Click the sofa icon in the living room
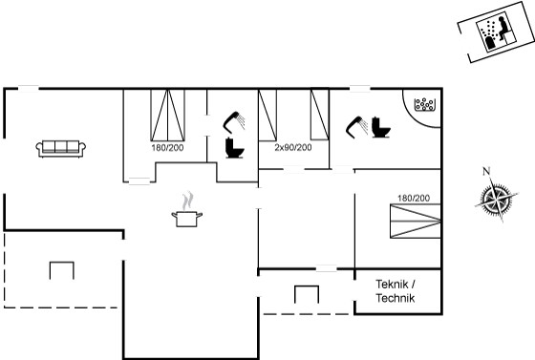(61, 149)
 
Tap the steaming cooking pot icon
(186, 210)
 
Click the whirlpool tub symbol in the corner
(424, 105)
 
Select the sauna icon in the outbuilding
(495, 32)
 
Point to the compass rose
(497, 199)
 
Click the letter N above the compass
(486, 171)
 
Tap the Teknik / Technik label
(396, 291)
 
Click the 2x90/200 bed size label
(293, 148)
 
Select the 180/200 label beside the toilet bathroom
(167, 148)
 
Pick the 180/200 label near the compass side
(414, 198)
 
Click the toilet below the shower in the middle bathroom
(234, 148)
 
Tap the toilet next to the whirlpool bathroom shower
(381, 127)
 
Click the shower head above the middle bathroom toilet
(234, 121)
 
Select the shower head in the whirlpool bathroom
(356, 125)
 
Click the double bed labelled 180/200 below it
(168, 115)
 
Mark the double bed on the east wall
(416, 221)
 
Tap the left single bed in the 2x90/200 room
(267, 115)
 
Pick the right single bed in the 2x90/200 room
(320, 115)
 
